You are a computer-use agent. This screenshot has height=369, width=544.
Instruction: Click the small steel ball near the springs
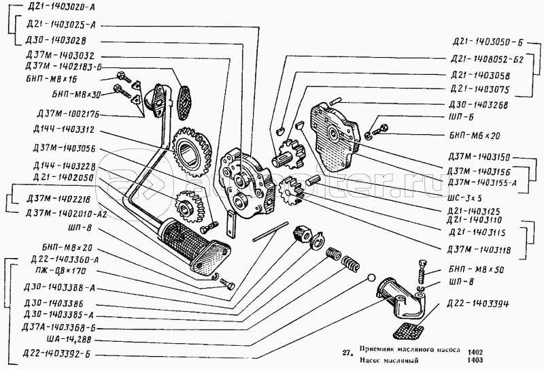(369, 278)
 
